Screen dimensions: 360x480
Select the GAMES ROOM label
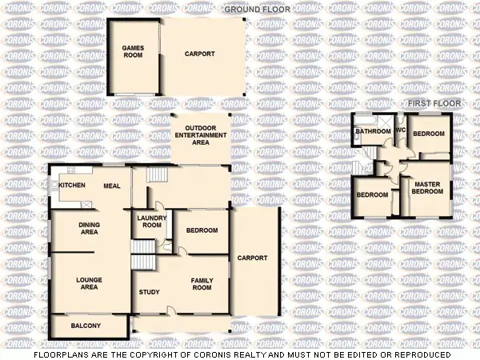[x=133, y=52]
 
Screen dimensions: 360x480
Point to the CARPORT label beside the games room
[x=199, y=54]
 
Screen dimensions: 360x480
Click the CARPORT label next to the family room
[x=252, y=258]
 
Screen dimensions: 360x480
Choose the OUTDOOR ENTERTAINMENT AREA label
[x=201, y=135]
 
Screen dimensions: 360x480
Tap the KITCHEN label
[x=72, y=186]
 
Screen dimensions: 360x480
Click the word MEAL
[x=111, y=186]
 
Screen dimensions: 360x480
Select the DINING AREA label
[x=89, y=228]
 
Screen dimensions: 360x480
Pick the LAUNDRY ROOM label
[x=150, y=222]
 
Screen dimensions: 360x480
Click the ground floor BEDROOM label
[x=202, y=230]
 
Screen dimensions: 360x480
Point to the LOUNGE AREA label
[x=88, y=283]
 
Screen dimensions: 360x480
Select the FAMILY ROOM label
[x=201, y=283]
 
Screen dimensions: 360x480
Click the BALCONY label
[x=86, y=326]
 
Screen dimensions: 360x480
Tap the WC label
[x=399, y=130]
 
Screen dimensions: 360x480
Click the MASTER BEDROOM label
[x=427, y=188]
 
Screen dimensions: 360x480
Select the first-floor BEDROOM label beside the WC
[x=429, y=134]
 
